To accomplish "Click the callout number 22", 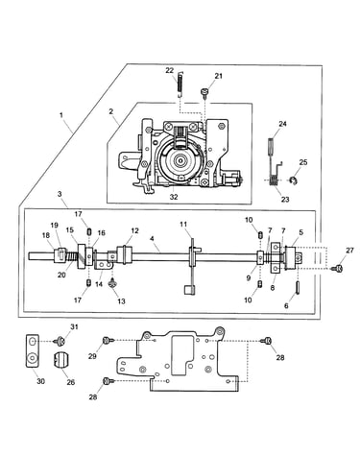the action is pos(170,70).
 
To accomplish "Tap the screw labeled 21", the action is pos(204,92).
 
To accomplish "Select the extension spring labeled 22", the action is pos(180,84).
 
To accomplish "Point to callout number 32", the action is pos(174,197).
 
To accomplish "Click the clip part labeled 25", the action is pos(292,180).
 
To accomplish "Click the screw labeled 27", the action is pos(338,269).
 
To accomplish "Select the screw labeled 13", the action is pos(112,283).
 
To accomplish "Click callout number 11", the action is pos(183,225).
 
